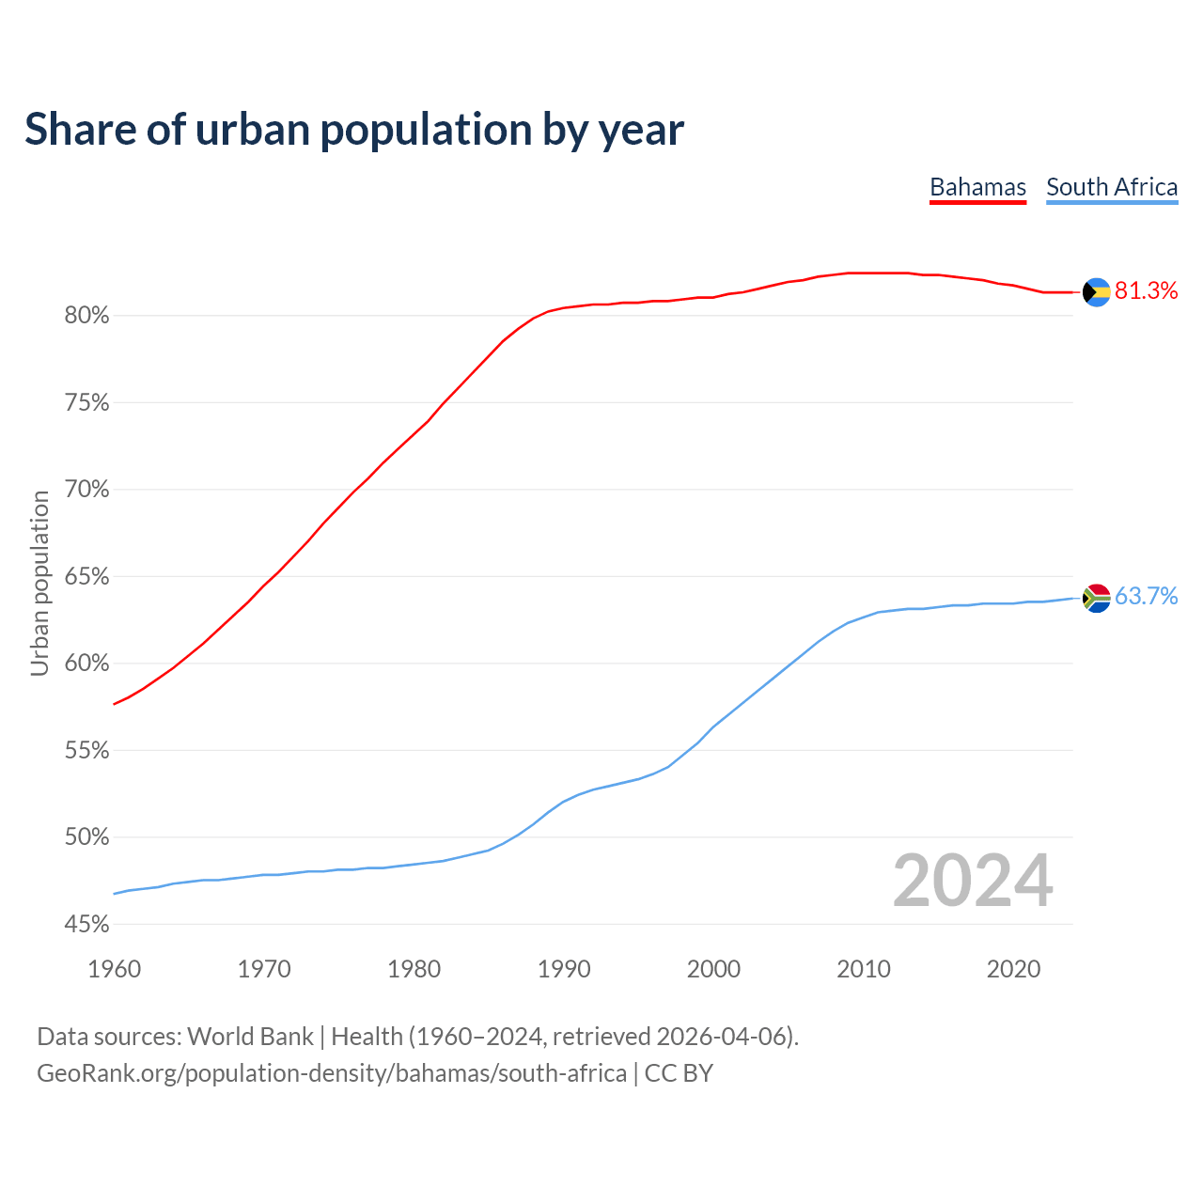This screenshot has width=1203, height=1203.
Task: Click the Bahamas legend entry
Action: (977, 187)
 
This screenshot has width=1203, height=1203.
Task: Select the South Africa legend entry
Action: (1112, 187)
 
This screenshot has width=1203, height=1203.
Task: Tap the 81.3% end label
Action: (1146, 291)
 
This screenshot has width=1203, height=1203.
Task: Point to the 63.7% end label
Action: (1146, 597)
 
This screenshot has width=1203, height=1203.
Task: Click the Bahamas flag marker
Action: (1097, 292)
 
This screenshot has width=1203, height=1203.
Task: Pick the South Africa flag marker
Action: (1097, 598)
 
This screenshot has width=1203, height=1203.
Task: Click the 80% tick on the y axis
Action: (86, 316)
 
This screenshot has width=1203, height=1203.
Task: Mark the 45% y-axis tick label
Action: (86, 925)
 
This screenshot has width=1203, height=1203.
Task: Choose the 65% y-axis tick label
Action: (86, 577)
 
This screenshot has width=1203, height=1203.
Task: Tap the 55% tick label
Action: (86, 751)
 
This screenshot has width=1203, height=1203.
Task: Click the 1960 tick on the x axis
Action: (114, 969)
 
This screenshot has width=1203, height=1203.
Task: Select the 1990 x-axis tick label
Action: (564, 969)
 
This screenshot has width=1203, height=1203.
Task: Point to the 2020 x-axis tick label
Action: (1013, 969)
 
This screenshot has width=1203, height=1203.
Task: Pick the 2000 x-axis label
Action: (713, 969)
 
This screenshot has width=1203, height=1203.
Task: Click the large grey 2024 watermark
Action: (973, 881)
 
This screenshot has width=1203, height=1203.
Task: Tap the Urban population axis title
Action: (39, 583)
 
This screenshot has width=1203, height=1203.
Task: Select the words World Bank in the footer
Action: (250, 1037)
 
